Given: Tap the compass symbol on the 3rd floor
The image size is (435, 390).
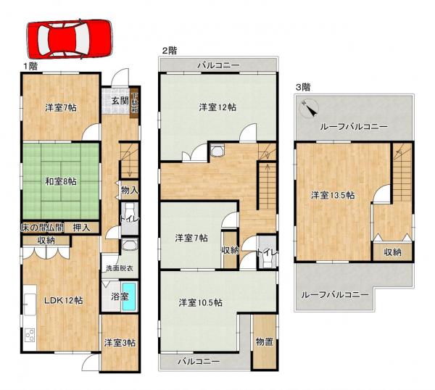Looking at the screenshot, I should click(310, 109).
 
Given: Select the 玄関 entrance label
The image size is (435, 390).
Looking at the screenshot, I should click(120, 101).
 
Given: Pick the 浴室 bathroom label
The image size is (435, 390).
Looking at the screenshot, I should click(118, 296).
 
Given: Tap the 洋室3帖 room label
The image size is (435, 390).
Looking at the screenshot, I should click(118, 342).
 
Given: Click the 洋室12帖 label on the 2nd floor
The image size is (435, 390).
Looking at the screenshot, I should click(217, 107).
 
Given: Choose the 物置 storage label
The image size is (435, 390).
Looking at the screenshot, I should click(264, 341).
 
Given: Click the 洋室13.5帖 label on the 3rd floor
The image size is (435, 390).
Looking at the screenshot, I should click(333, 194).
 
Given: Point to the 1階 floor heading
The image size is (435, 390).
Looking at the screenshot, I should click(30, 65).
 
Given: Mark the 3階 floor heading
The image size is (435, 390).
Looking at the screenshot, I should click(303, 86).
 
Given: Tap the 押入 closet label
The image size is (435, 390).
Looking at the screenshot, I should click(81, 228).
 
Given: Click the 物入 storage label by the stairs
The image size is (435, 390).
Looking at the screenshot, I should click(129, 191).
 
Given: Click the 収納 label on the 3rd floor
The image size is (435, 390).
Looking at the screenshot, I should click(393, 252).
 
